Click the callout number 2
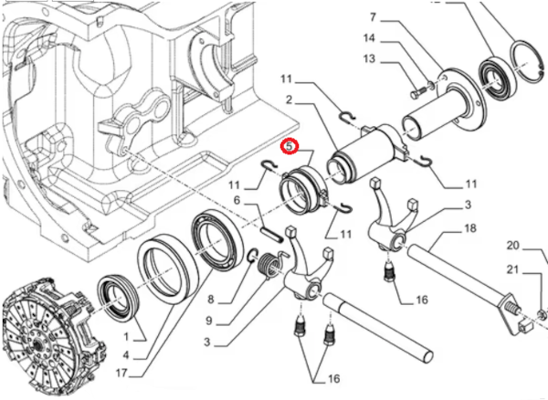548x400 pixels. tap(288, 100)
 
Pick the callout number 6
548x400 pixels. tap(236, 202)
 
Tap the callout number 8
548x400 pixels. tap(210, 299)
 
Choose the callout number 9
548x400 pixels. tap(210, 321)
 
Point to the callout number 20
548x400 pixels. tap(512, 245)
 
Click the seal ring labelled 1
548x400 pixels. tap(118, 298)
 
